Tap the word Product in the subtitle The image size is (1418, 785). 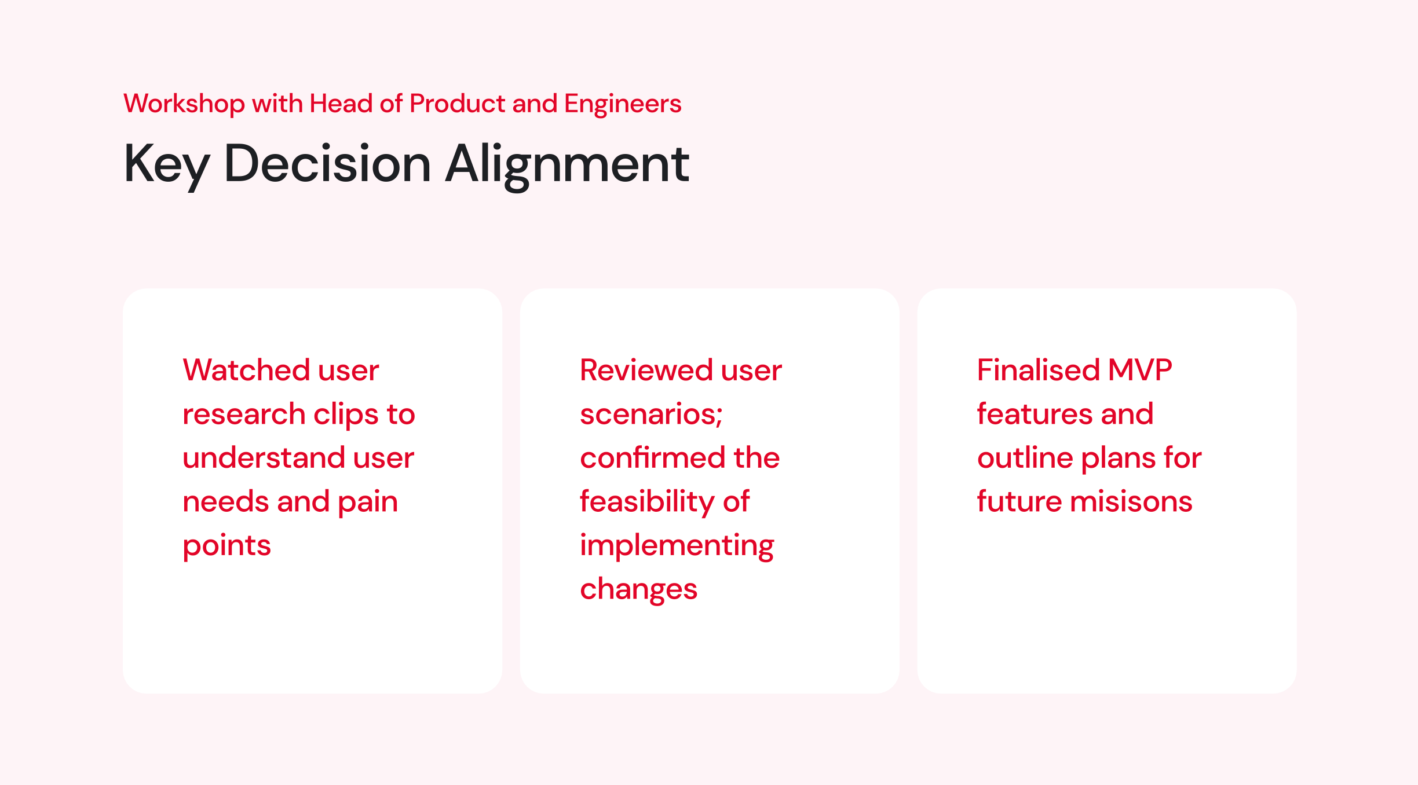[x=458, y=104]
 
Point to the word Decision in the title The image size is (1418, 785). [x=327, y=164]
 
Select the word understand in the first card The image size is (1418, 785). [x=264, y=458]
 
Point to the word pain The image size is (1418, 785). [x=368, y=502]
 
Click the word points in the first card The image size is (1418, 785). [x=227, y=546]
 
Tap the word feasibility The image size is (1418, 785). [x=647, y=502]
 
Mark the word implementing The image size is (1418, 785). [x=677, y=546]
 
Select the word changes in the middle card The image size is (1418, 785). [x=639, y=590]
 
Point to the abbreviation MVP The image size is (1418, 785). [x=1140, y=370]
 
